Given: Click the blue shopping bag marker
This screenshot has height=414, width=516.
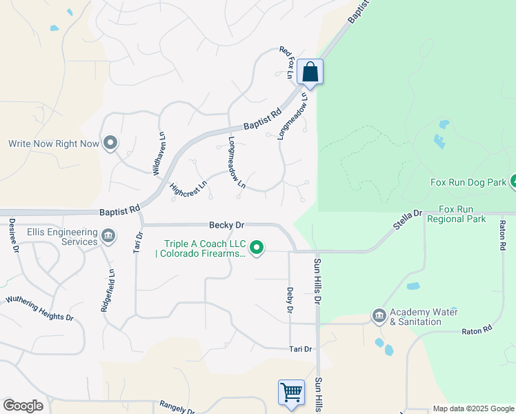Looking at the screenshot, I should (310, 72).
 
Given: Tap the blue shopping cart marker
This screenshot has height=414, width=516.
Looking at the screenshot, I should (291, 393).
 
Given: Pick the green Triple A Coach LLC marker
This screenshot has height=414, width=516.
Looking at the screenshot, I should (257, 247).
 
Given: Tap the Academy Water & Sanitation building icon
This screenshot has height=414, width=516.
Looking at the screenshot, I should (379, 316).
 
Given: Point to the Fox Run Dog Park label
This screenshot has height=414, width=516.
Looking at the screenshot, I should (468, 182).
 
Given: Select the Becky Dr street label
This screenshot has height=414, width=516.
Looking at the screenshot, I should (227, 225).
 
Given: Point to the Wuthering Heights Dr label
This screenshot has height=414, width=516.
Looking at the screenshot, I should (39, 308).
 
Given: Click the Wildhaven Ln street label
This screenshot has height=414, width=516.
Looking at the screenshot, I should (159, 152).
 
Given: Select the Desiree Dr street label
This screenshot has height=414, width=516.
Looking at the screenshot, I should (12, 235).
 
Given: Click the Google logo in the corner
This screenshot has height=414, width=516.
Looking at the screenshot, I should (23, 406).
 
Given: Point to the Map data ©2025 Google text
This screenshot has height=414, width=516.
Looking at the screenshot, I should (473, 408).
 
